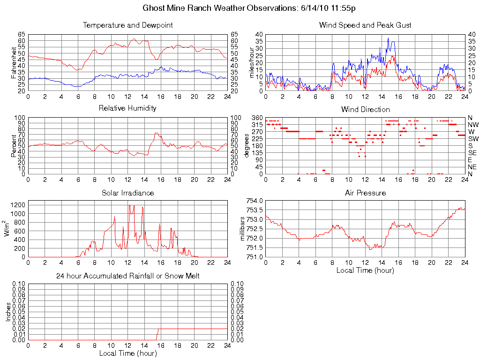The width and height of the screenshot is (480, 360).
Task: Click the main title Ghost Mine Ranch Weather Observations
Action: pyautogui.click(x=249, y=8)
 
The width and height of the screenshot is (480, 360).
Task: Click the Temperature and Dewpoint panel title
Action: pyautogui.click(x=127, y=25)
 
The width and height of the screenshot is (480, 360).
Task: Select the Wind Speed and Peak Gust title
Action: pyautogui.click(x=365, y=25)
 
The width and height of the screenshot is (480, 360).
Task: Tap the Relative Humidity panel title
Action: pyautogui.click(x=127, y=108)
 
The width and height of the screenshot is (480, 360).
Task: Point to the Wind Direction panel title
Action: pyautogui.click(x=365, y=110)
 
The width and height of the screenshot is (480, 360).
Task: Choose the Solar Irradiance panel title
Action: pyautogui.click(x=127, y=193)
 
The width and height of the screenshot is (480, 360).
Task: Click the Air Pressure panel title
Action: pyautogui.click(x=365, y=193)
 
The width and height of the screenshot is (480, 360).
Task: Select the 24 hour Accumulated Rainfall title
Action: pyautogui.click(x=127, y=276)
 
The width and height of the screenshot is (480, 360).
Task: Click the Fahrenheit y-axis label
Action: pyautogui.click(x=14, y=63)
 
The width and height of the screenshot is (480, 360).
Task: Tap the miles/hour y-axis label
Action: pyautogui.click(x=251, y=63)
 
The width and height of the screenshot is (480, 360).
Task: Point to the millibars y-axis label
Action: pyautogui.click(x=243, y=229)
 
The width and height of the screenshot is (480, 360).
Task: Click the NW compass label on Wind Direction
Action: pyautogui.click(x=472, y=125)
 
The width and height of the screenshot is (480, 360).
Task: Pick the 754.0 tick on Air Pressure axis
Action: pyautogui.click(x=255, y=201)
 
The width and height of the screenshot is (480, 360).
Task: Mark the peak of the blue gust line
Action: pyautogui.click(x=388, y=38)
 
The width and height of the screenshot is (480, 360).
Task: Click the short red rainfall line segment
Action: pyautogui.click(x=157, y=334)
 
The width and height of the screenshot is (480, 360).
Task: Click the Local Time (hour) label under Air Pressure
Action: pyautogui.click(x=365, y=270)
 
